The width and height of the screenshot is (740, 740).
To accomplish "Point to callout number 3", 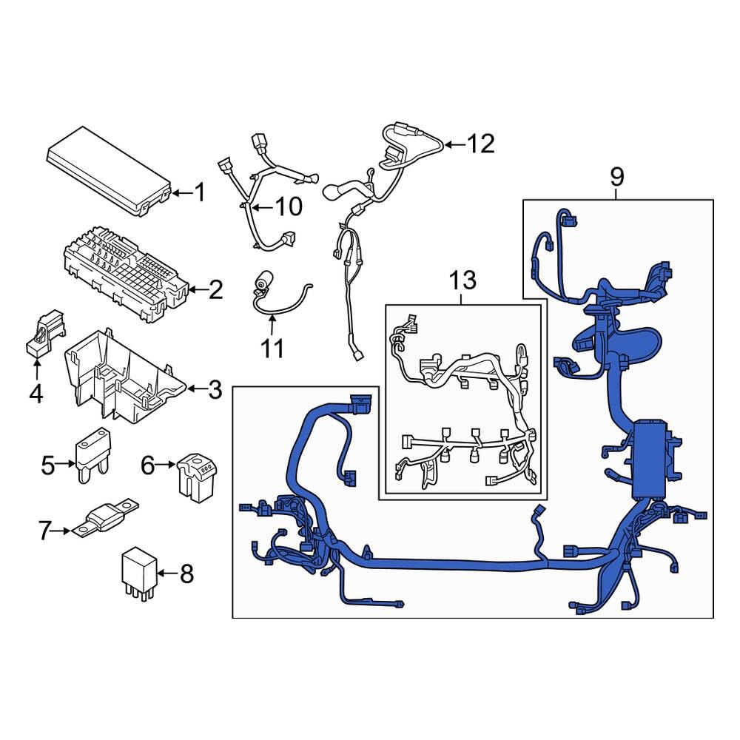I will point(215,389).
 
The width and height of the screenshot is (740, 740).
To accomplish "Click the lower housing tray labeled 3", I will point(122,377).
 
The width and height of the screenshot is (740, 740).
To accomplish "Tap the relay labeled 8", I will point(138,572).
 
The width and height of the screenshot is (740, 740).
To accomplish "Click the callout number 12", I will point(480,144).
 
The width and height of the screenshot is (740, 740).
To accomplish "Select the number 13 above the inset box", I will point(463,280).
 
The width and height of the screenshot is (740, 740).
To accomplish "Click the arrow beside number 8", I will point(164,573).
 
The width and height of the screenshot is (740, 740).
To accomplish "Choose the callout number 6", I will point(148,465).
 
